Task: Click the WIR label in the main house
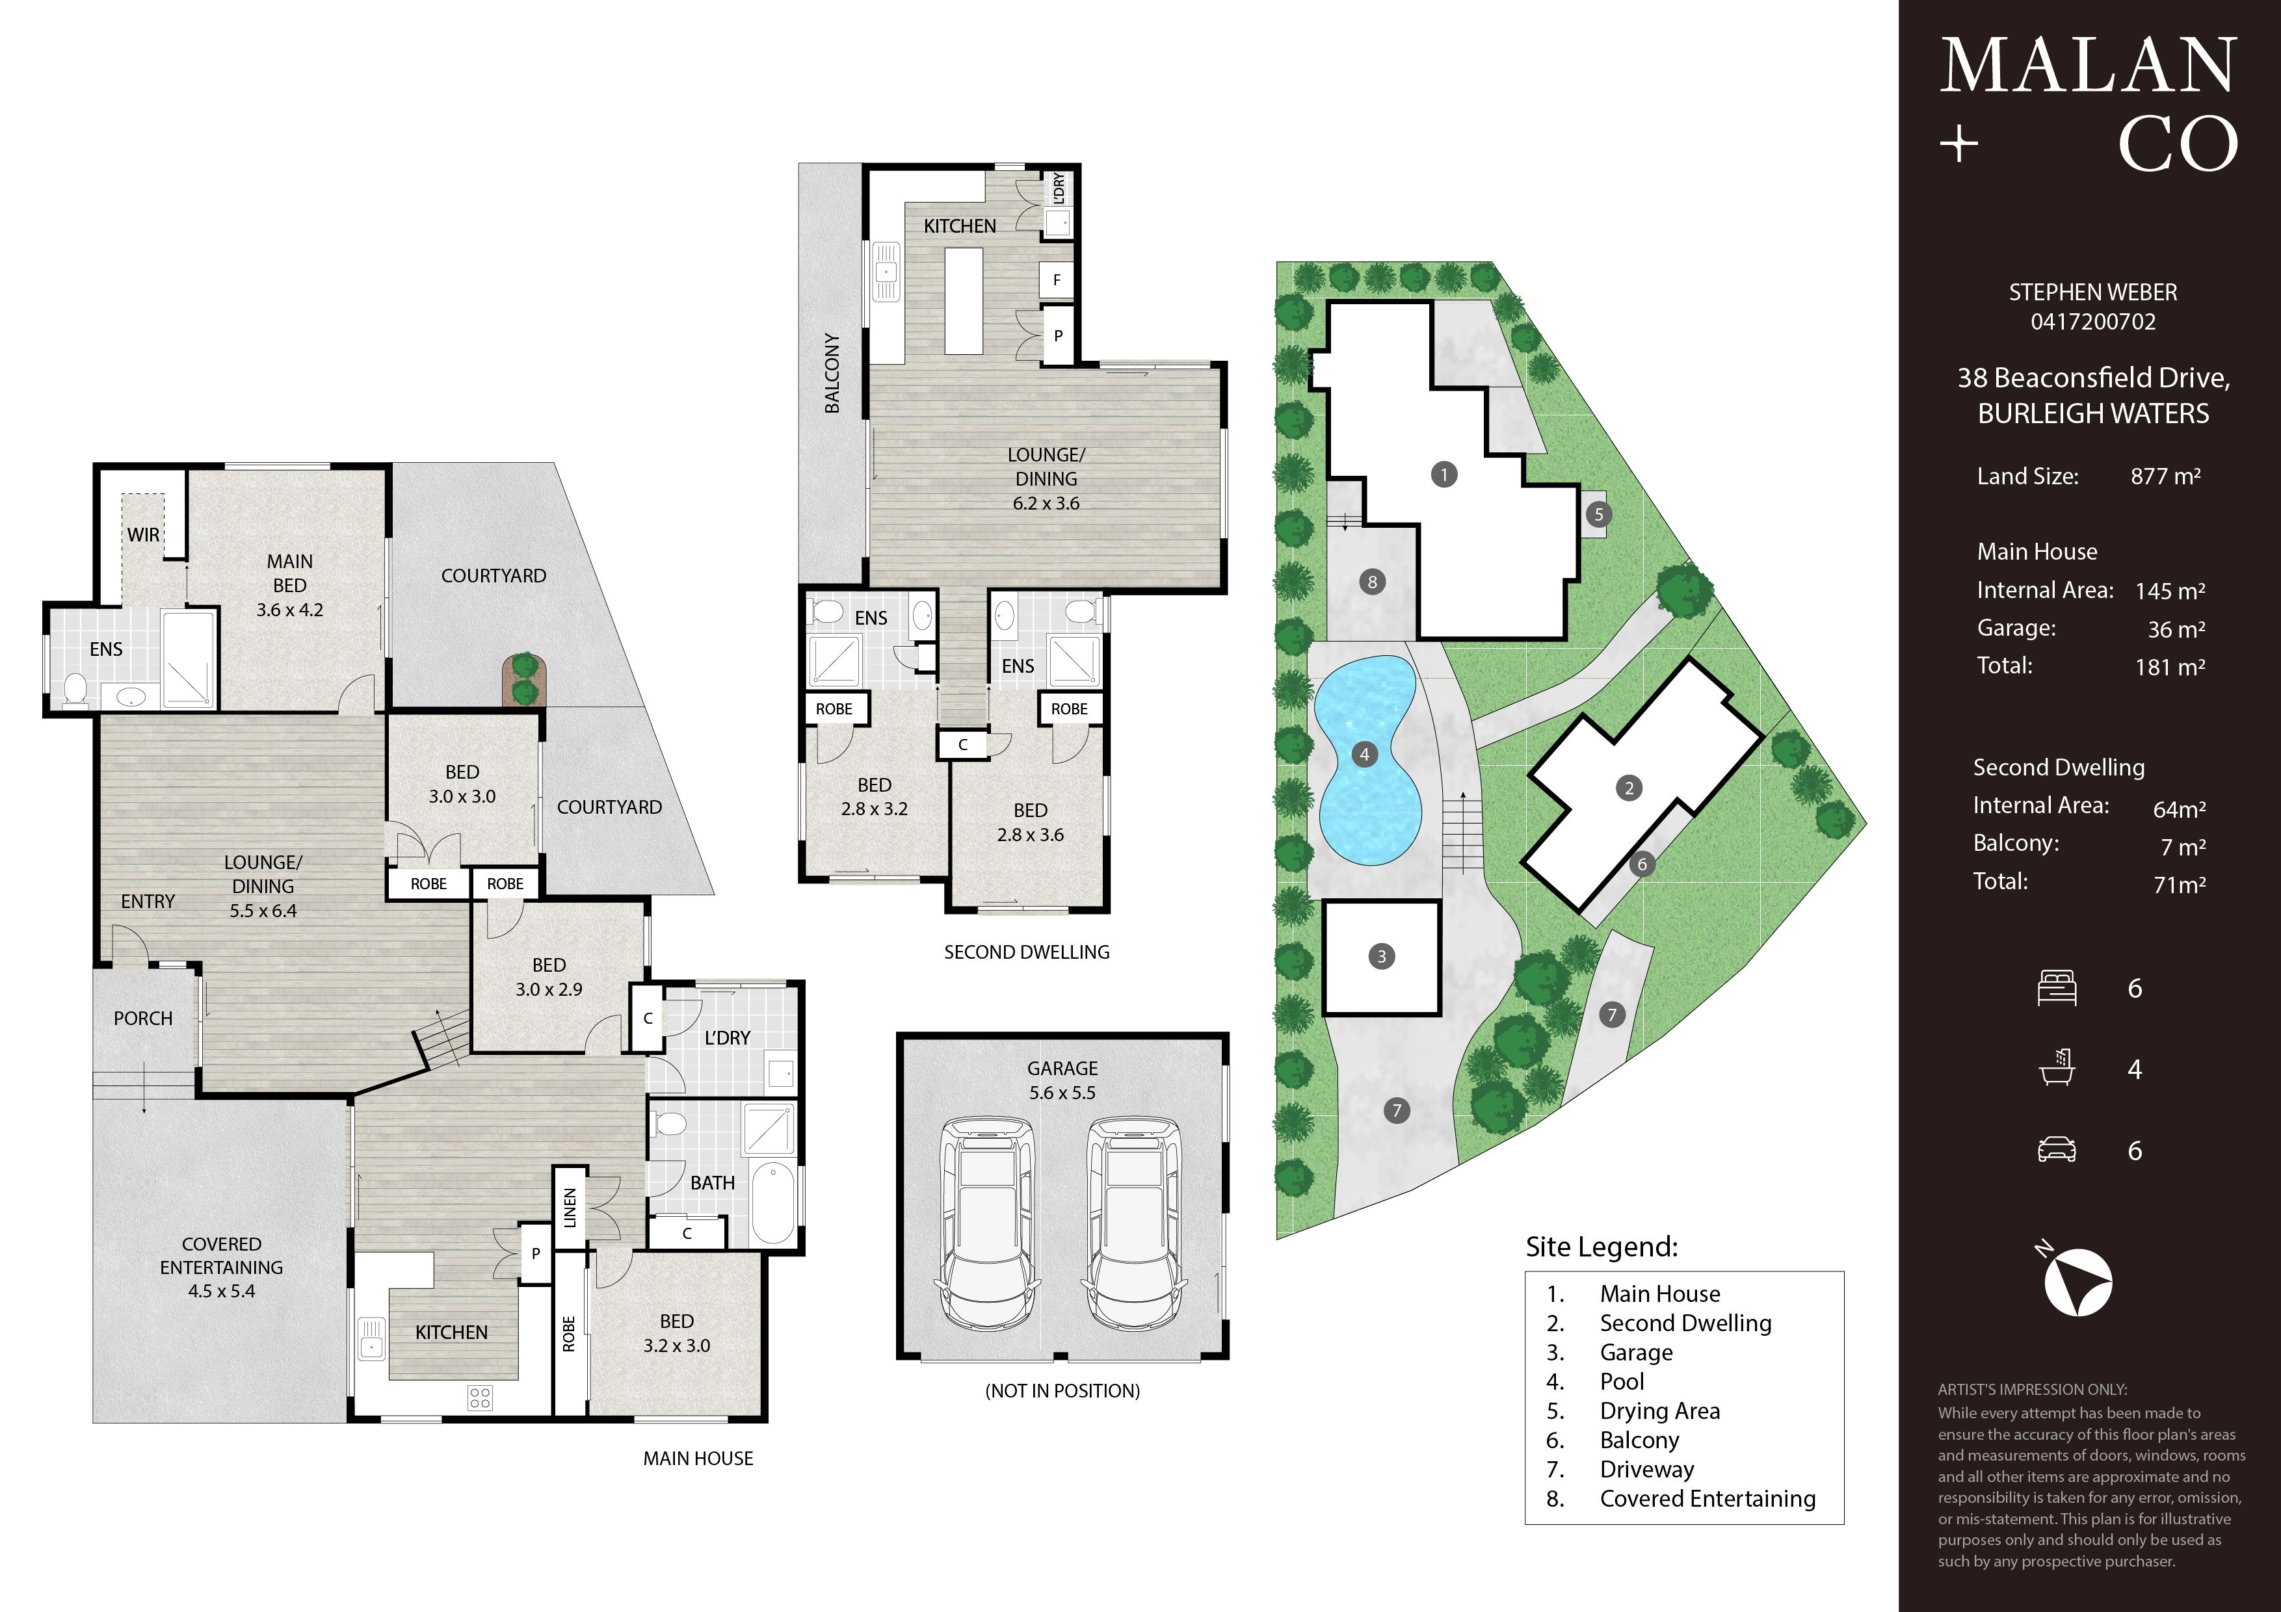pos(143,534)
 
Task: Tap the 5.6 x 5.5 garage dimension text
pos(1062,1093)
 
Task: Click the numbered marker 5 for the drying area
pos(1598,515)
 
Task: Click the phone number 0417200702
pos(2093,322)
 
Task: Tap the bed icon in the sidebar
pos(2057,988)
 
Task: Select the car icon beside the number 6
pos(2057,1150)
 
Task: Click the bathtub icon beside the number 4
pos(2057,1068)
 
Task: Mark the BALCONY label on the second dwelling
pos(832,374)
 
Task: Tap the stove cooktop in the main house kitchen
pos(480,1397)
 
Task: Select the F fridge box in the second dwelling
pos(1057,280)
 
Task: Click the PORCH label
pos(143,1018)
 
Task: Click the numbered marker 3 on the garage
pos(1381,956)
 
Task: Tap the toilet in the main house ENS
pos(75,688)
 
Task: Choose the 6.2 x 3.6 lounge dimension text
pos(1046,502)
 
